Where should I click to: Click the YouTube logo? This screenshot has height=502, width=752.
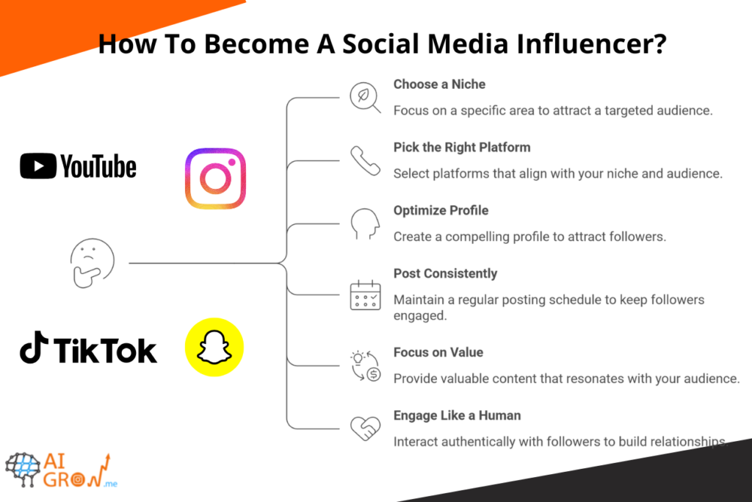point(78,166)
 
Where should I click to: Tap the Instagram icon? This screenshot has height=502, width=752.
point(214,179)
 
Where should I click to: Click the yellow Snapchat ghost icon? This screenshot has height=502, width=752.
point(214,347)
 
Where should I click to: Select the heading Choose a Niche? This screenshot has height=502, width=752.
point(439,85)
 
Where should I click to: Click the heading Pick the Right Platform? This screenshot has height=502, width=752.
point(461,147)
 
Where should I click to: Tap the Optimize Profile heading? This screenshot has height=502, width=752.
point(441,210)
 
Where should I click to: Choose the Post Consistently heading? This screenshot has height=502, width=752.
point(445,273)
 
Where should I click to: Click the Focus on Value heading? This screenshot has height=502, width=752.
point(438,352)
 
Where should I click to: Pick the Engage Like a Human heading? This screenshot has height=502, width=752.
point(457,415)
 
